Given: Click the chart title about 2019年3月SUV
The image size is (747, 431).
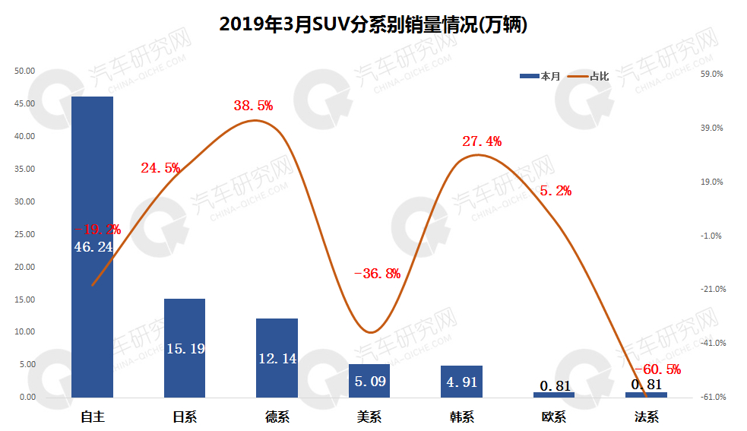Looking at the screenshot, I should (373, 24).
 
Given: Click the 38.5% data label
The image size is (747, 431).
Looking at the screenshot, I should (253, 106).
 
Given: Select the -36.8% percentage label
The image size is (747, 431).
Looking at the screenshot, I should (378, 274).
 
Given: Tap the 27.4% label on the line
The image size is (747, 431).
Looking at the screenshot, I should (482, 141).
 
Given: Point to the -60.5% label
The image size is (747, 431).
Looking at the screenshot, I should (657, 369).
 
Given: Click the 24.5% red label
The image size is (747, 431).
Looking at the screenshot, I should (160, 168).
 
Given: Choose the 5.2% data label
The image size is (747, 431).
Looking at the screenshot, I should (556, 191).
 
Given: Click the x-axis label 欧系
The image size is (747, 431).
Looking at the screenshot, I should (554, 417).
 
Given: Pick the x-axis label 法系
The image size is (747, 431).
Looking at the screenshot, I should (646, 417).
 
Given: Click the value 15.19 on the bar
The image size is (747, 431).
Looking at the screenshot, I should (185, 349).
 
